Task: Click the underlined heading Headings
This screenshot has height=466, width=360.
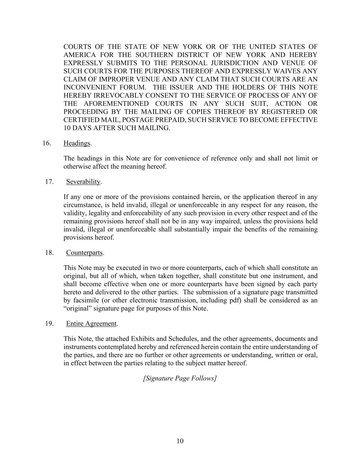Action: [77, 143]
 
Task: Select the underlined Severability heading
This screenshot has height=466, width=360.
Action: [83, 182]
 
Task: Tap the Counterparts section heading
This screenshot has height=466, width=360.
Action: [84, 253]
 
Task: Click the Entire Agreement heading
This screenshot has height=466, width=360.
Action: [91, 324]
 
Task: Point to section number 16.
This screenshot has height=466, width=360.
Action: [47, 143]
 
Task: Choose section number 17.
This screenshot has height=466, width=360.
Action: [49, 182]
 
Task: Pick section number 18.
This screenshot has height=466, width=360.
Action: [49, 253]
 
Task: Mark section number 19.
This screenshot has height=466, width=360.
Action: [49, 324]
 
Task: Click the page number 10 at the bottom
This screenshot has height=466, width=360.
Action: [180, 441]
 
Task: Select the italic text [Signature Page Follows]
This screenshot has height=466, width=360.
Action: [180, 378]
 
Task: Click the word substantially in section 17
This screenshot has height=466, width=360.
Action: [192, 229]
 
